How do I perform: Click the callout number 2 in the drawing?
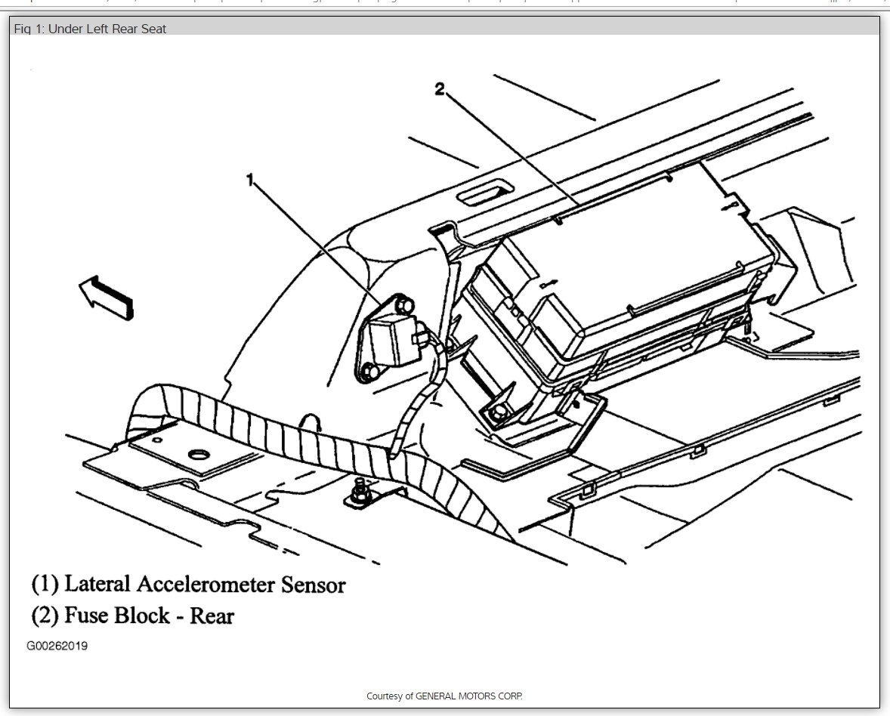440,89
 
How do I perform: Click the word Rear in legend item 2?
212,616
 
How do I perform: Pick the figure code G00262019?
57,647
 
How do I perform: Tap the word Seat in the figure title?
152,29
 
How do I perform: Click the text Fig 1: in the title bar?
29,29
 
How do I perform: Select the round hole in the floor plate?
199,455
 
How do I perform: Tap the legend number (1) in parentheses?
45,584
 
